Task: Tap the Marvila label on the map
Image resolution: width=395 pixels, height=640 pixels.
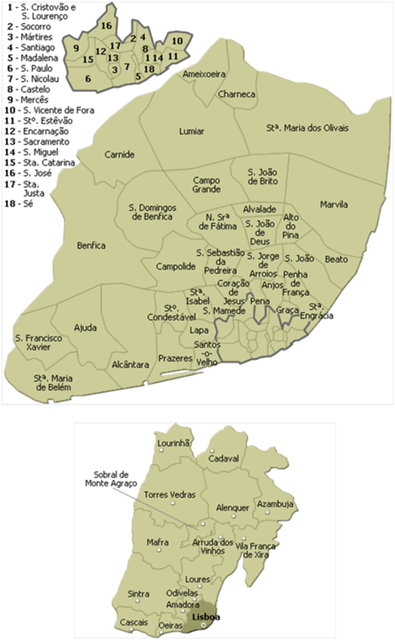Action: (x=334, y=204)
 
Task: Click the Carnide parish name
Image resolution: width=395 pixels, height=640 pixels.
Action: (x=119, y=155)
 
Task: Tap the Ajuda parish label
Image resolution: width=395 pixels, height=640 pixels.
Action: (x=86, y=327)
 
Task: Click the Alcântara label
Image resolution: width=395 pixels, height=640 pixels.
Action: (x=130, y=364)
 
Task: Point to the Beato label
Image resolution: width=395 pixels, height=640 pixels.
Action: (x=336, y=259)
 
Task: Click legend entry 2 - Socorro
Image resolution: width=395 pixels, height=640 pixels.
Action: (x=29, y=27)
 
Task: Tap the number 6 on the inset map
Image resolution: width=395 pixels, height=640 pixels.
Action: (x=88, y=78)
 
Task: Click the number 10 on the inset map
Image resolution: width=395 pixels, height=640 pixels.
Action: (x=178, y=41)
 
